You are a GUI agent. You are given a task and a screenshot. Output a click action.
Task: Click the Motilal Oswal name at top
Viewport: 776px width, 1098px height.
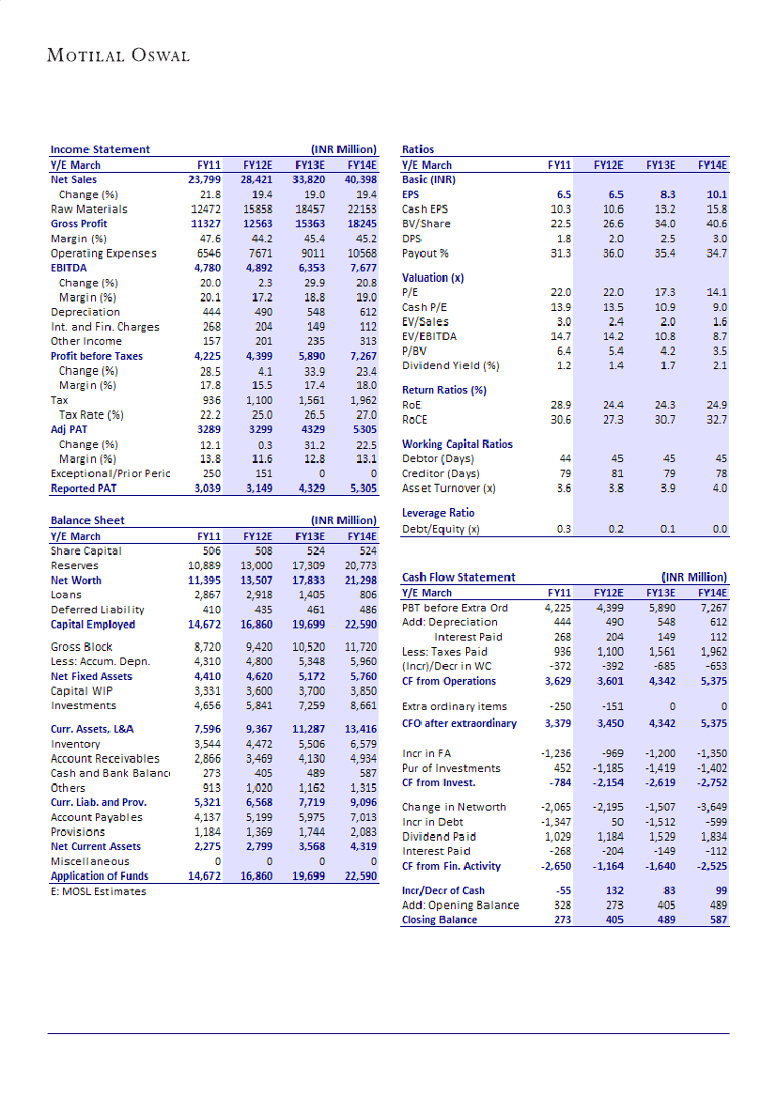tap(118, 54)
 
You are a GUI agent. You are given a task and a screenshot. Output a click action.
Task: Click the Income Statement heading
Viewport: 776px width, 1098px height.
tap(100, 149)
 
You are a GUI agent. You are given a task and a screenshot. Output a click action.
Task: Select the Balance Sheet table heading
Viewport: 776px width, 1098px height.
tap(87, 520)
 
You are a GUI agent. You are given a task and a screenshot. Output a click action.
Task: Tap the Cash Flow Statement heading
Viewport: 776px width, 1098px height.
tap(458, 578)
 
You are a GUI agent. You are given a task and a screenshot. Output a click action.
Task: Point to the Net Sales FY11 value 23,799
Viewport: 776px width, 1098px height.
tap(205, 179)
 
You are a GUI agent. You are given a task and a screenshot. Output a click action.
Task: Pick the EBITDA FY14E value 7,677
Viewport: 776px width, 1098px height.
tap(360, 268)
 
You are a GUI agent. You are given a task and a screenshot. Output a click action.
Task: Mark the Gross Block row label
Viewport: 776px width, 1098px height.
tap(82, 647)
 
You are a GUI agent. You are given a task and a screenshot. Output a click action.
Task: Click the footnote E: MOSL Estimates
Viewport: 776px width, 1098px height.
tap(99, 891)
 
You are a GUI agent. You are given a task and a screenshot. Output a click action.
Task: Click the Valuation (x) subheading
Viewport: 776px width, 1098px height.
tap(433, 278)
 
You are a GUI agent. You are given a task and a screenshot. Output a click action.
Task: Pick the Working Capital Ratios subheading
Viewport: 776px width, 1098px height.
tap(458, 444)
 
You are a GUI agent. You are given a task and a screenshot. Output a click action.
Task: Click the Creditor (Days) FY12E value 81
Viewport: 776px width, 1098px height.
tap(616, 474)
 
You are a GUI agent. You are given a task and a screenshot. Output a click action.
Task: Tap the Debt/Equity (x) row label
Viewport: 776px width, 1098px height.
tap(441, 530)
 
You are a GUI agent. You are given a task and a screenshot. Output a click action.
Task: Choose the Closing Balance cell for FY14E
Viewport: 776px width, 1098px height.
tap(715, 920)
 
